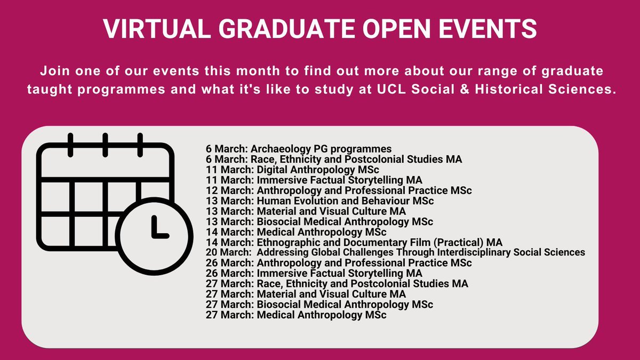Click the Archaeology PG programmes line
(x=299, y=149)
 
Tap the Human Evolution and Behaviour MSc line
(x=319, y=201)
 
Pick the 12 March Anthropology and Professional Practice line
(x=339, y=190)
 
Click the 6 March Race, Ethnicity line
(x=334, y=159)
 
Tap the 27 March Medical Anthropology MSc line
(x=296, y=315)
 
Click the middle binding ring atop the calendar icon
(x=105, y=145)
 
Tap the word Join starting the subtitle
(x=52, y=71)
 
